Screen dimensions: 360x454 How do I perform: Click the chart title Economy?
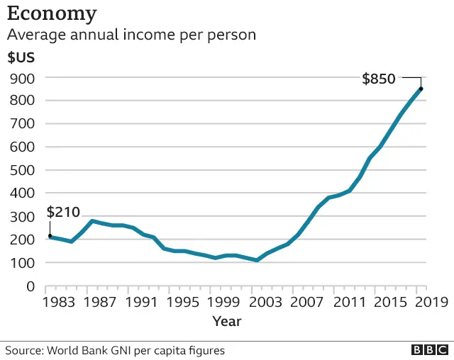click(52, 13)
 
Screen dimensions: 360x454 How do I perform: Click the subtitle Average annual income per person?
click(131, 34)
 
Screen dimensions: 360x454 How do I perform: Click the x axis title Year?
click(227, 321)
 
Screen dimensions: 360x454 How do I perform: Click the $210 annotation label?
click(63, 212)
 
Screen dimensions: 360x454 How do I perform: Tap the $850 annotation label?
click(378, 79)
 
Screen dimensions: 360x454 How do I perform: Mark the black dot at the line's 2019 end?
click(421, 89)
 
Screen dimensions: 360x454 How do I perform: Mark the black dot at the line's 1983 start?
click(50, 236)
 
